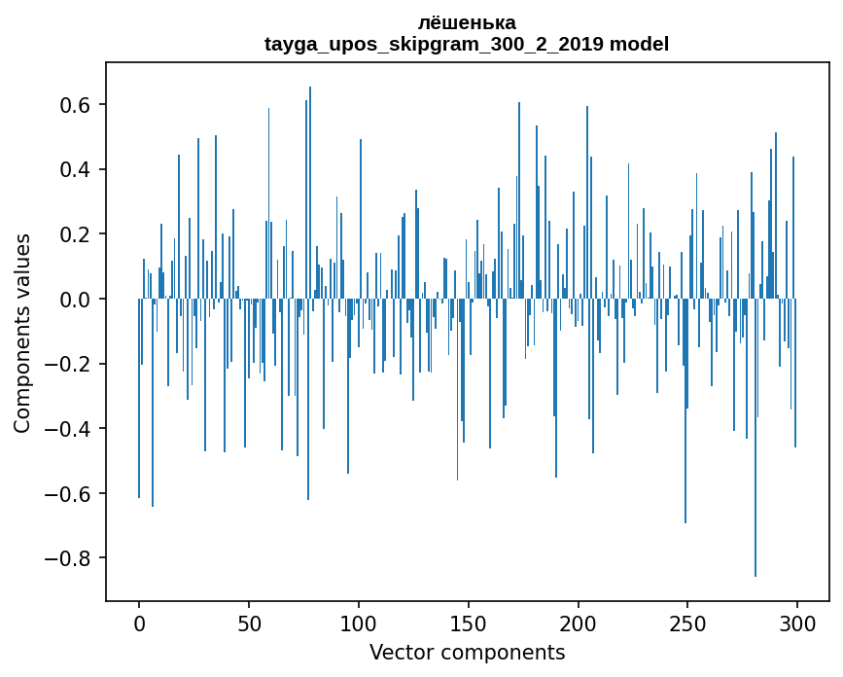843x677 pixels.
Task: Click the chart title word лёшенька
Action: pyautogui.click(x=467, y=22)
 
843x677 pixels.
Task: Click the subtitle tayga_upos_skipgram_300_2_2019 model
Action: pyautogui.click(x=467, y=44)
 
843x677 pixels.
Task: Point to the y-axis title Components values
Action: pyautogui.click(x=21, y=332)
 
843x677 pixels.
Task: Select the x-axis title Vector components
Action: pyautogui.click(x=467, y=653)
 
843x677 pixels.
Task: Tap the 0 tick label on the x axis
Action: pyautogui.click(x=139, y=623)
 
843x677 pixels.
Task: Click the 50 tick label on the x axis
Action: pyautogui.click(x=249, y=623)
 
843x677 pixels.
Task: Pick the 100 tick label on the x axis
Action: pyautogui.click(x=359, y=623)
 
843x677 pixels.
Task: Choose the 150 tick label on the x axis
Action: pyautogui.click(x=468, y=623)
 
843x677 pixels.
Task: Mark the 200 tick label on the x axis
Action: pyautogui.click(x=578, y=623)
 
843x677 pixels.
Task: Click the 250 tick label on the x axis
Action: pyautogui.click(x=687, y=623)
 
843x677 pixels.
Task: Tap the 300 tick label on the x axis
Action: pyautogui.click(x=797, y=623)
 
